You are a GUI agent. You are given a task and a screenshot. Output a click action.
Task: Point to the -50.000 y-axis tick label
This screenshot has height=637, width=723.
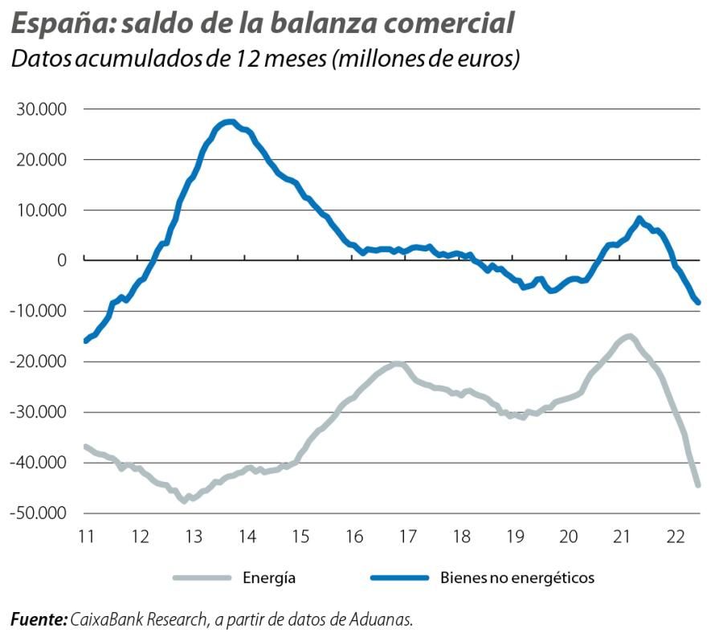38,513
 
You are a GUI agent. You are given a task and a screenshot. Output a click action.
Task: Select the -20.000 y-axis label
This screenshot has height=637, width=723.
38,361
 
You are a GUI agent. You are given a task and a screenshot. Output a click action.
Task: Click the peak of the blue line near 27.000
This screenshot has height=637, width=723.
229,122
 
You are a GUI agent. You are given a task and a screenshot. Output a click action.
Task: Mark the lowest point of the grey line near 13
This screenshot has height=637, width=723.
185,500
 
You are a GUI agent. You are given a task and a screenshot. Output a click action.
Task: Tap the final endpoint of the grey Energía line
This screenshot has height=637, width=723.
698,485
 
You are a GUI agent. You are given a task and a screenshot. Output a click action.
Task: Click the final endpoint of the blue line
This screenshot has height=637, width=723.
698,303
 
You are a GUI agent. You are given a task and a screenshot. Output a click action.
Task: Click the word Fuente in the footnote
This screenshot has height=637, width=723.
37,619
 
